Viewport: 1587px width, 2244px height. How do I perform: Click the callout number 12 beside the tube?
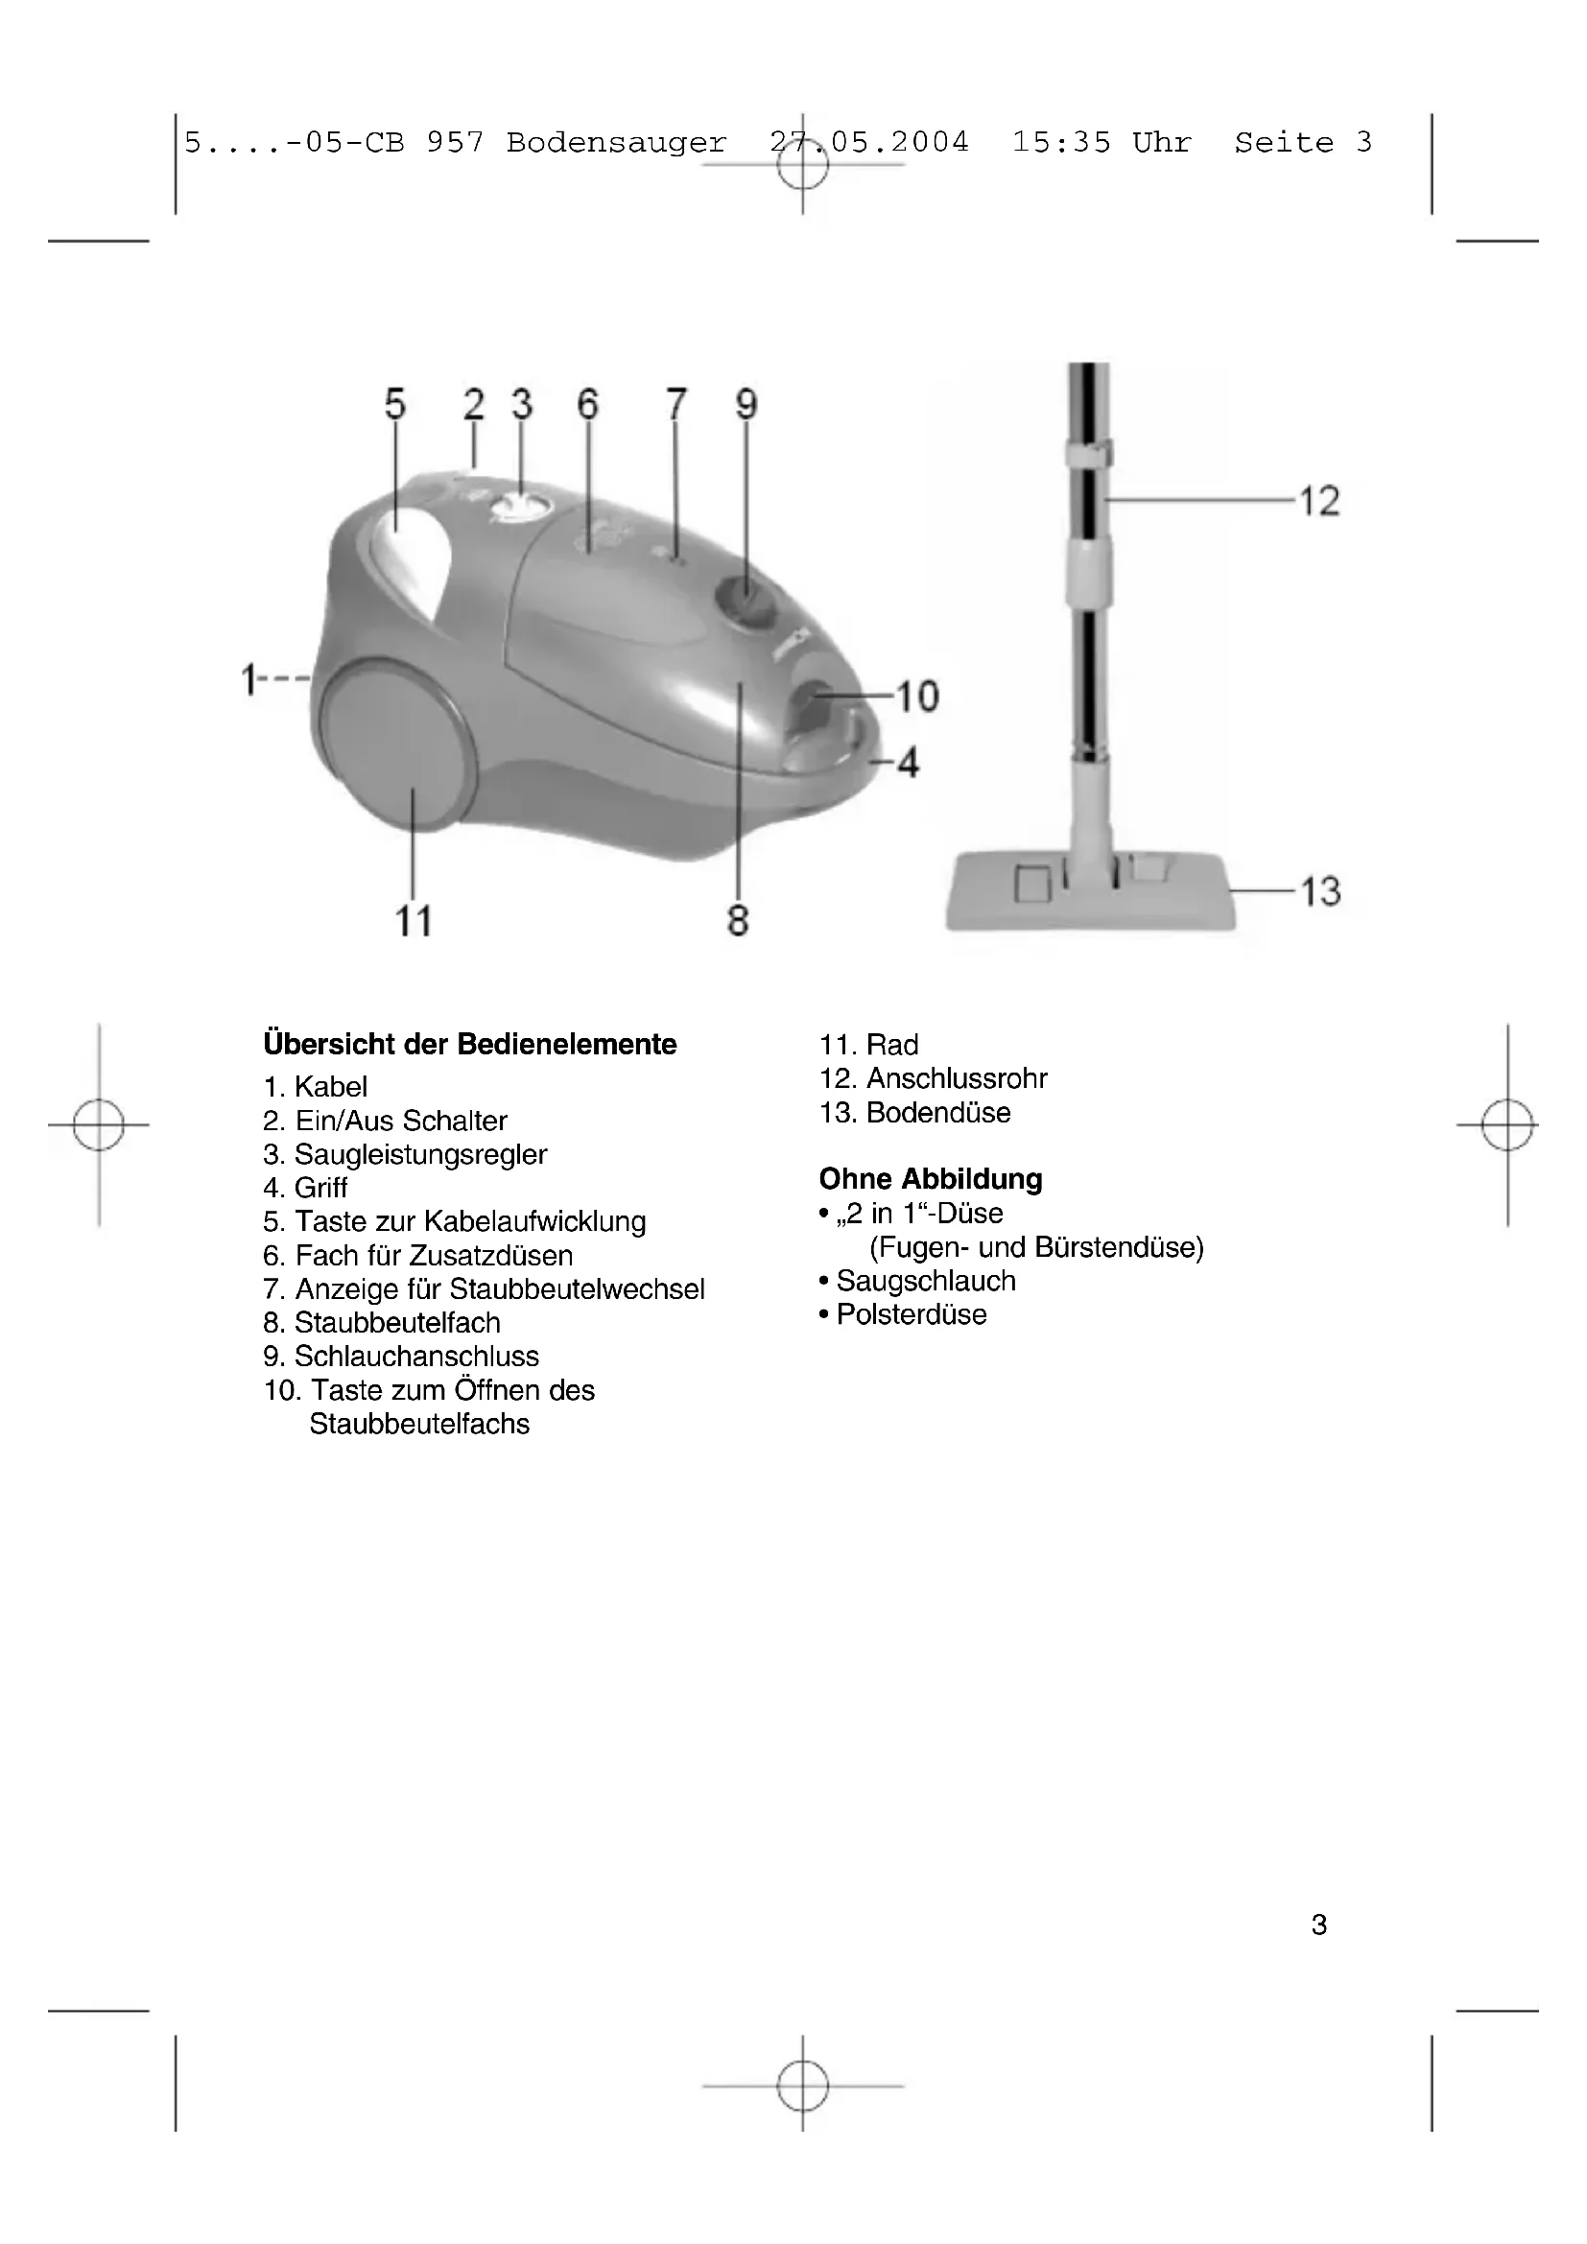coord(1318,502)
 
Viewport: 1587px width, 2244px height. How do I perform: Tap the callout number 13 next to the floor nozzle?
coord(1318,891)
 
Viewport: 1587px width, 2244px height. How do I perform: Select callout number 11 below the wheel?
coord(414,921)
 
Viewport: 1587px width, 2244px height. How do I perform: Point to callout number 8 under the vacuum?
coord(738,921)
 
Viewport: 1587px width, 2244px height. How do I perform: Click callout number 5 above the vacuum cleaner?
coord(394,404)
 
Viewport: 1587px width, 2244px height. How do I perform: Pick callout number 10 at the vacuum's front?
coord(916,697)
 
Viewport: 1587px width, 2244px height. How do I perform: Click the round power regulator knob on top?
coord(521,507)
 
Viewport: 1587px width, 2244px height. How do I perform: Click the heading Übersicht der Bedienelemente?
coord(470,1044)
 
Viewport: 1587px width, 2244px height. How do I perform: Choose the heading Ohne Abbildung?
coord(931,1179)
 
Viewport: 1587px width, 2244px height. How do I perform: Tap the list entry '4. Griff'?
coord(306,1188)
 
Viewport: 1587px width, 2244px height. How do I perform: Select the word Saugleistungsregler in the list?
coord(420,1154)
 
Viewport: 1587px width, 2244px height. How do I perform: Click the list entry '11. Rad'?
coord(868,1045)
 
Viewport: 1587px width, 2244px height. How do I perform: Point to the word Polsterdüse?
coord(911,1314)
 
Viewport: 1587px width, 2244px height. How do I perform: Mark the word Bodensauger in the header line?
coord(617,143)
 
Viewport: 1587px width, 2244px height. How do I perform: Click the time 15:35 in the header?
coord(1061,143)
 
